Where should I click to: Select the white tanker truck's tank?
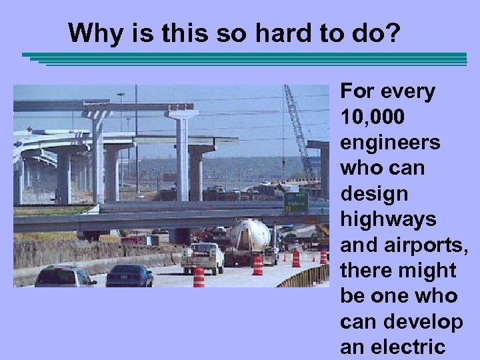(250, 234)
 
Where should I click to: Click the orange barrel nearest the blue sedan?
(199, 277)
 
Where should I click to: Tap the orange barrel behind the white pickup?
(257, 265)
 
